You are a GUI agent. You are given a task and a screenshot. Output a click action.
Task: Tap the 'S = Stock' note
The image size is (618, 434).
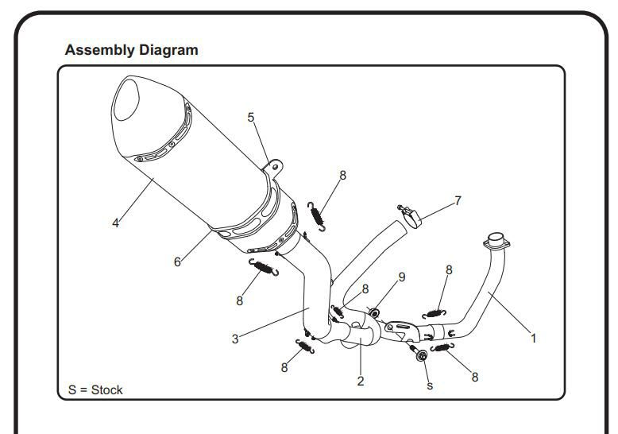[95, 389]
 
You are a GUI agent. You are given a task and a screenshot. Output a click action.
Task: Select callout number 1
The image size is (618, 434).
[534, 338]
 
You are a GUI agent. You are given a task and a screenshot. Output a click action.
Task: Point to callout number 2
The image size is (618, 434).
[361, 382]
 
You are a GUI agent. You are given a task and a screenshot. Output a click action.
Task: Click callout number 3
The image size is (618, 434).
[235, 339]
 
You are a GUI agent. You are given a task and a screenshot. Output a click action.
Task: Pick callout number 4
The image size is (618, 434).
[116, 223]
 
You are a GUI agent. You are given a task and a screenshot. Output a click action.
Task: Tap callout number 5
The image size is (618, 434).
[251, 118]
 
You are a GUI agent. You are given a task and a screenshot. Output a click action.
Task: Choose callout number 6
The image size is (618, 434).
[176, 262]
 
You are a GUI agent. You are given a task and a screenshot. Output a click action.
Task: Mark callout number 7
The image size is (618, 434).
[458, 200]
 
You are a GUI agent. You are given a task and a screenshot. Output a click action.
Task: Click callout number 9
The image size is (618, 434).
[402, 277]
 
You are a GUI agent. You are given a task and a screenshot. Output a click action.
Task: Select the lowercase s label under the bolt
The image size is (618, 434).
[430, 386]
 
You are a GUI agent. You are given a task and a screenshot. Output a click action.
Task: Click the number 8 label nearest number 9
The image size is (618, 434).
[365, 289]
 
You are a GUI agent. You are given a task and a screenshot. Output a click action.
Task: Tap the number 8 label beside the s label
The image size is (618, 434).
[475, 377]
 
